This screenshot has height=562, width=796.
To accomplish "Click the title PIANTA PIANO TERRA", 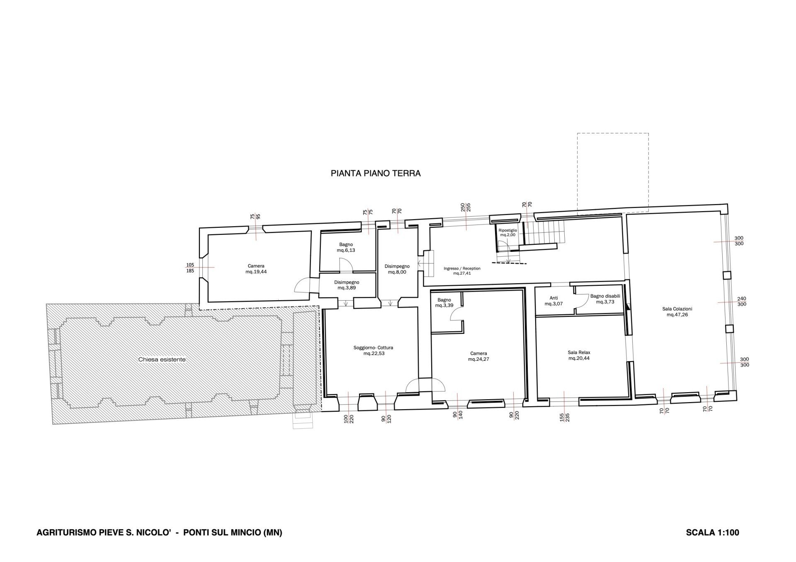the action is coord(376,174).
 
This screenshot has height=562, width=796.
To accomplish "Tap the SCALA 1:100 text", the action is coord(712,532).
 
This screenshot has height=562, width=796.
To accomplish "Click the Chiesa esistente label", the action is coord(162,359).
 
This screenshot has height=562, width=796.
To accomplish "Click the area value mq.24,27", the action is coord(478,359).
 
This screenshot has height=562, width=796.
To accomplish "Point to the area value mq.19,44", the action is coord(256,272).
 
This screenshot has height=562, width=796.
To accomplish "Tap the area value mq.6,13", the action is coord(346,251).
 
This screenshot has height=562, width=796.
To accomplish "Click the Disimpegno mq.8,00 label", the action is coord(397,269).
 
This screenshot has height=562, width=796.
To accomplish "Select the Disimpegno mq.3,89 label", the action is coord(347,285).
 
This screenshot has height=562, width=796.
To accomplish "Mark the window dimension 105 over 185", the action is coord(190,268).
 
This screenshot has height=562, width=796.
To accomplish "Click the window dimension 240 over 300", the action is coord(742,302).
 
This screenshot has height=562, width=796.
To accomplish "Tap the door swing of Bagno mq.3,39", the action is coord(456,315).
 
